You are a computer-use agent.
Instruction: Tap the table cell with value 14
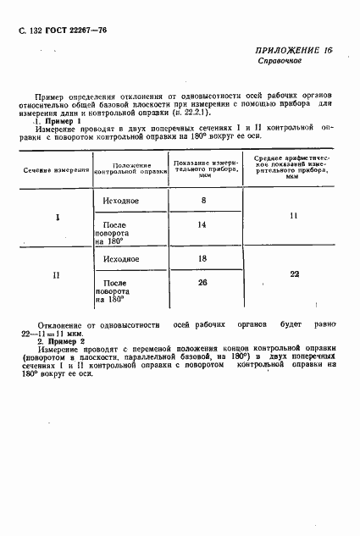(202, 226)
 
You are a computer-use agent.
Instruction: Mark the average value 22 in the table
(293, 274)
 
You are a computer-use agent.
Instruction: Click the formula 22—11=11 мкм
(57, 332)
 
